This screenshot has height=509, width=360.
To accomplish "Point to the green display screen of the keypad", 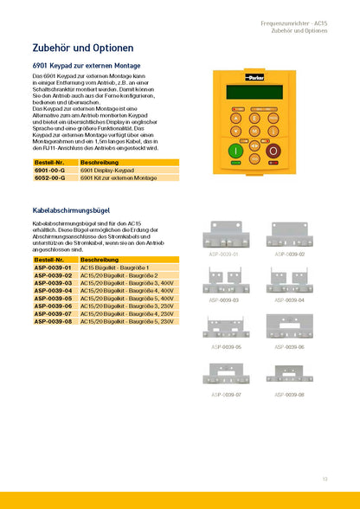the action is pyautogui.click(x=256, y=92).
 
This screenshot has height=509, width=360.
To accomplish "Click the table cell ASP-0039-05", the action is pyautogui.click(x=54, y=298).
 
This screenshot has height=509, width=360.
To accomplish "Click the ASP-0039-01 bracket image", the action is pyautogui.click(x=223, y=236).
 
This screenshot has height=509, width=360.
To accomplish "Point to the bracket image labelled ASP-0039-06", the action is pyautogui.click(x=289, y=328).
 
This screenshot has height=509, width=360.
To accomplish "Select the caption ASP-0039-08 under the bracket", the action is pyautogui.click(x=289, y=394).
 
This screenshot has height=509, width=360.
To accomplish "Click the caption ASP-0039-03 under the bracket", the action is pyautogui.click(x=223, y=300).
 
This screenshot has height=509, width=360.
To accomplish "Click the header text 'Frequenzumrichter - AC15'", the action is pyautogui.click(x=294, y=21).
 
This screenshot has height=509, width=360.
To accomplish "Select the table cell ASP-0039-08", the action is pyautogui.click(x=54, y=321).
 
